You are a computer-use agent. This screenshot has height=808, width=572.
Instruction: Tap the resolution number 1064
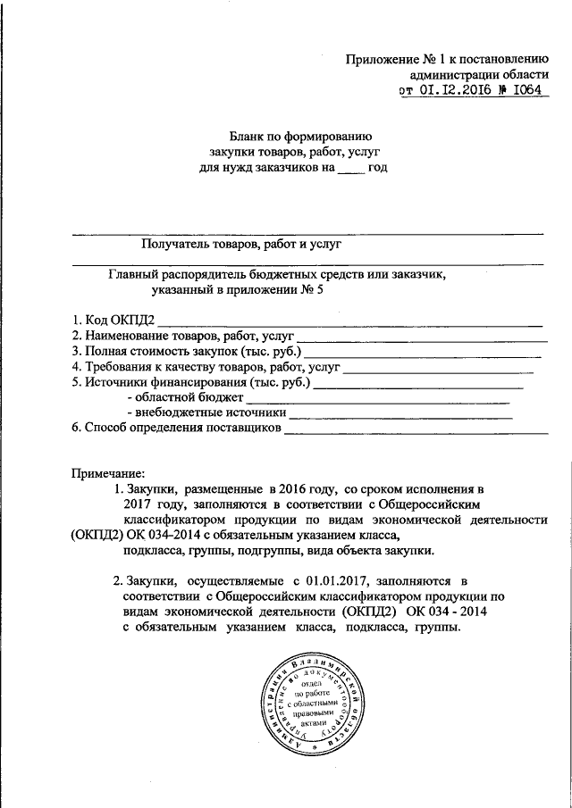click(527, 90)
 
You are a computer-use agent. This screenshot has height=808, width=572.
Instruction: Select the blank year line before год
click(351, 168)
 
